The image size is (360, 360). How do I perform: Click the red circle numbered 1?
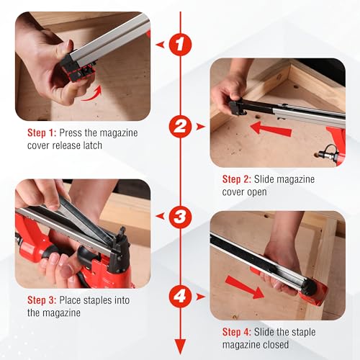tap(180, 44)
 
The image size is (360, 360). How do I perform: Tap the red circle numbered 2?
tap(180, 127)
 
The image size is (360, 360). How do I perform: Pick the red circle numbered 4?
tap(180, 296)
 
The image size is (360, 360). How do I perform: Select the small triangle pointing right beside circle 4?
tap(202, 296)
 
